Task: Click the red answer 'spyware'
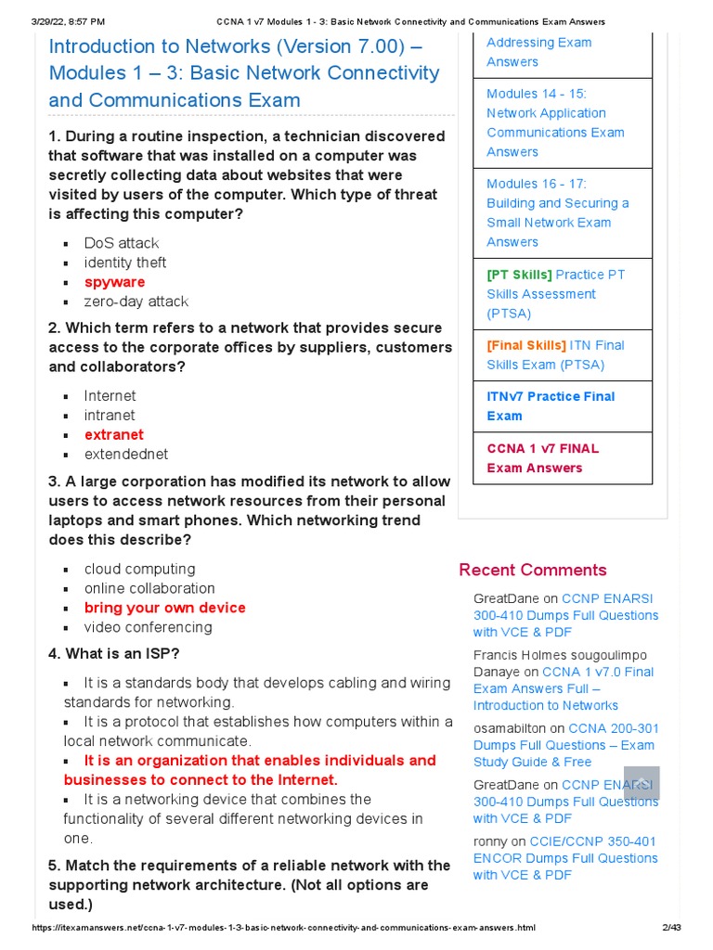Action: coord(114,282)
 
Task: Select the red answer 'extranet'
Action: coord(113,434)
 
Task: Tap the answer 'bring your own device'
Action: coord(164,608)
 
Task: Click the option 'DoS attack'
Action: coord(121,243)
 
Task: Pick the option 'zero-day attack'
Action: coord(136,302)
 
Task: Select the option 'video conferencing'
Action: coord(148,627)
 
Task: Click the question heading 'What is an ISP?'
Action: coord(113,654)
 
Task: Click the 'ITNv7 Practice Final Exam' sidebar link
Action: coord(551,406)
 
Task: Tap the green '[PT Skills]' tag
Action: coord(519,275)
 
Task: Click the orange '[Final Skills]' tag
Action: coord(525,345)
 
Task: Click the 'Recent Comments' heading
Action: coord(532,570)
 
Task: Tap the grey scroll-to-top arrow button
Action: coord(642,784)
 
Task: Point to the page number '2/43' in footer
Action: coord(670,928)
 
